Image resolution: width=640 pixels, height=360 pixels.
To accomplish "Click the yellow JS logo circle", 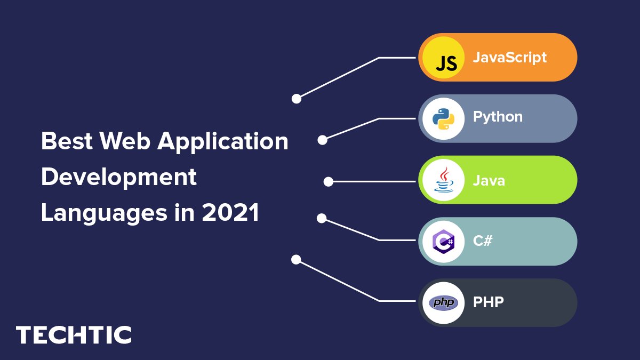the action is tap(443, 58).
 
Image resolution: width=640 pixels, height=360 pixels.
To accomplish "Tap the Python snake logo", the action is tap(443, 119).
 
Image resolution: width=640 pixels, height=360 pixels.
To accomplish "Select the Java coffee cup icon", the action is tap(443, 180).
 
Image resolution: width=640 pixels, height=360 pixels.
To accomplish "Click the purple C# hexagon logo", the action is tap(443, 242).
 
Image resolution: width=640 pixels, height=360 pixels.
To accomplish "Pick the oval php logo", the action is tap(443, 302).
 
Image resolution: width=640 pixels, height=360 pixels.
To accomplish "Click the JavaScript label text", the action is tap(510, 58).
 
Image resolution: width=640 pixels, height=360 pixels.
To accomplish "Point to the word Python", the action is tap(498, 117).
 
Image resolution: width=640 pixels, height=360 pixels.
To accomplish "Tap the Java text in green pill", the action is tap(489, 181).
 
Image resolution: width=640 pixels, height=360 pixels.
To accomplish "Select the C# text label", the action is tap(483, 241).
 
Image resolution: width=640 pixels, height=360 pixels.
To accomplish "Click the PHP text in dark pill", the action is tap(489, 302).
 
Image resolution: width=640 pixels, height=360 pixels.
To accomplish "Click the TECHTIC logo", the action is tap(74, 334).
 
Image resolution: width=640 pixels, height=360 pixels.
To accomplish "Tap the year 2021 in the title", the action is tap(230, 212).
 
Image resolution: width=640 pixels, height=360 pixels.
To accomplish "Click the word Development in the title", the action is tap(119, 178).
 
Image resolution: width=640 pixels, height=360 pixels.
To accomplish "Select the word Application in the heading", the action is tap(223, 142).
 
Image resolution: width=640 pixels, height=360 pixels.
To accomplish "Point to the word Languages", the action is tap(104, 214).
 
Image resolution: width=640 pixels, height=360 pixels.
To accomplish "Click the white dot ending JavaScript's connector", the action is tap(297, 99).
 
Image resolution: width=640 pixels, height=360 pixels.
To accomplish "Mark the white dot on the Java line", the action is tap(329, 182).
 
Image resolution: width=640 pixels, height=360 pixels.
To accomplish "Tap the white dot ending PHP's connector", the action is tap(296, 260).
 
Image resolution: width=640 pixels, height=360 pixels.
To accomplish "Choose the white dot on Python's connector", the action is tap(322, 140).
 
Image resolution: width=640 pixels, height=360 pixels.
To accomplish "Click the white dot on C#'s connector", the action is tap(322, 218).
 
